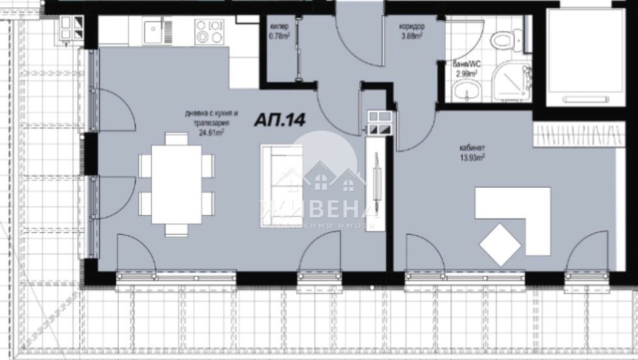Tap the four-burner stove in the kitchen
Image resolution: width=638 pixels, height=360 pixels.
pyautogui.click(x=209, y=31)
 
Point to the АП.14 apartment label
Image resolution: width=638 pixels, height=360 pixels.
pyautogui.click(x=280, y=120)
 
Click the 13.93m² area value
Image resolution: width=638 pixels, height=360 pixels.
pyautogui.click(x=472, y=157)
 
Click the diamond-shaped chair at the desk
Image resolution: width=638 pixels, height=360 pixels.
pyautogui.click(x=500, y=245)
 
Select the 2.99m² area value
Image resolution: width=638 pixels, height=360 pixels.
pyautogui.click(x=465, y=74)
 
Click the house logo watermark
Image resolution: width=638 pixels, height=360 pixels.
pyautogui.click(x=319, y=176)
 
